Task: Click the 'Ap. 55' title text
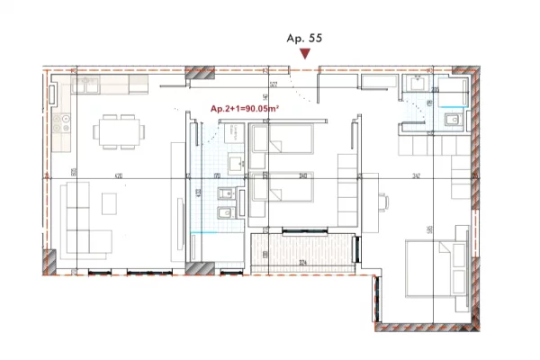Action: [x=303, y=39]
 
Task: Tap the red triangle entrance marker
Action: [x=305, y=55]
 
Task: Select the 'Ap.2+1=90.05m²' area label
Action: [x=244, y=109]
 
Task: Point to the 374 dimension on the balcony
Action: [x=303, y=263]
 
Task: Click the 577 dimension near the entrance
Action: [x=272, y=85]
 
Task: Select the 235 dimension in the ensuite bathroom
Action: [x=436, y=91]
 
